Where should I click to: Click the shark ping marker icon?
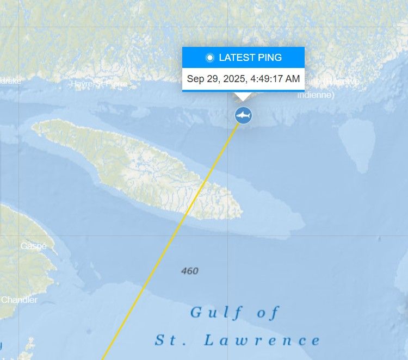[x=243, y=115]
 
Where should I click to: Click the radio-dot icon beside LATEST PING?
[x=210, y=58]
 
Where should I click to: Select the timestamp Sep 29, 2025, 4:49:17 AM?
[x=243, y=79]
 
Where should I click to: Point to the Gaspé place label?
[x=34, y=246]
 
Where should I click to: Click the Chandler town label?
[x=20, y=300]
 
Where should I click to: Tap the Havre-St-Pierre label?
[x=99, y=84]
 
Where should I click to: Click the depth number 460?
[x=190, y=271]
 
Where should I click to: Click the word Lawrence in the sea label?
[x=262, y=341]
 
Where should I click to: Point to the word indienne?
[x=316, y=95]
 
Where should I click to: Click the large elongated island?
[x=136, y=166]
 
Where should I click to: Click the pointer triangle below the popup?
[x=243, y=97]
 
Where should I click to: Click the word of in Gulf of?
[x=264, y=313]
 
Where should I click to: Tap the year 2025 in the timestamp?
[x=232, y=79]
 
